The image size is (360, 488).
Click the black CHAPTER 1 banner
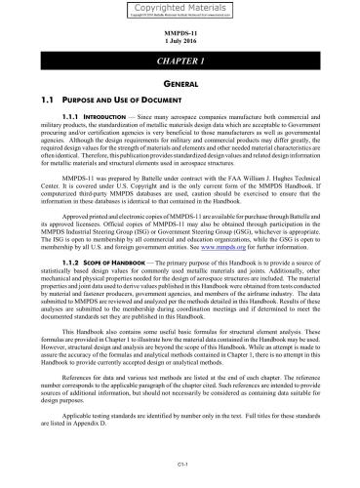[180, 61]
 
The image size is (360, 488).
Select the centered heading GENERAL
[180, 86]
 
